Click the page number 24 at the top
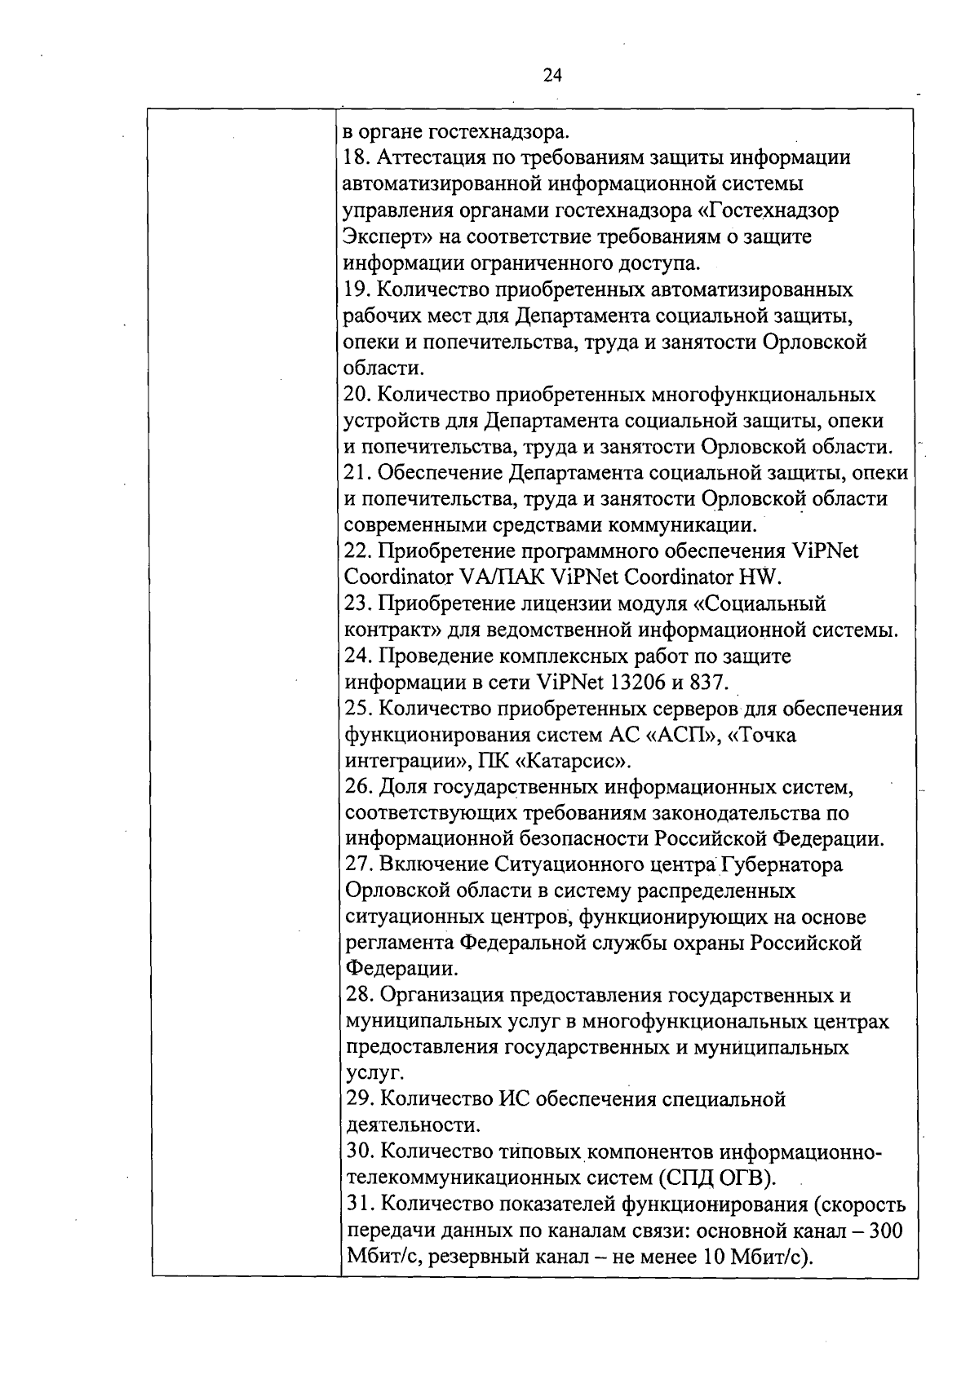[552, 76]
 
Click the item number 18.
[357, 158]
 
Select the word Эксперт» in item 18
[388, 237]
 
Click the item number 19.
[357, 290]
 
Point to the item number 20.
[358, 396]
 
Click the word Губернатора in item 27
[783, 864]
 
